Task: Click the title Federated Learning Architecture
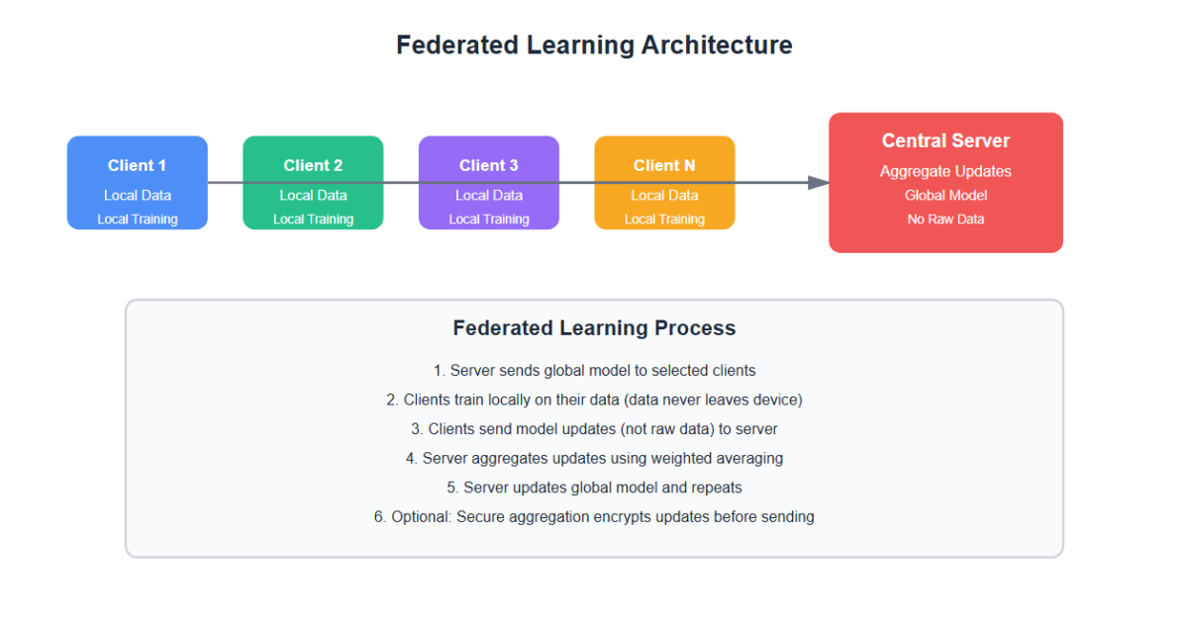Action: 594,45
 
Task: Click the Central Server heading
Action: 945,140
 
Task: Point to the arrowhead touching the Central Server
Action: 819,182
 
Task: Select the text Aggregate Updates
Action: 945,171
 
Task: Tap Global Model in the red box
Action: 945,196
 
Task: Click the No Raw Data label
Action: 945,219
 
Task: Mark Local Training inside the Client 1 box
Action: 138,220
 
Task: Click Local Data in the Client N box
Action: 664,196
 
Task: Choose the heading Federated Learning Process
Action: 594,328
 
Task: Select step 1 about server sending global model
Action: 594,371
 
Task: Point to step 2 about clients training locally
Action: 594,400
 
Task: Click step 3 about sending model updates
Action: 594,429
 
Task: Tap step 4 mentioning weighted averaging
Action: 594,458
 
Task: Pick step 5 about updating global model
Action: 594,488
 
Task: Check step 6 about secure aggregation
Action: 594,516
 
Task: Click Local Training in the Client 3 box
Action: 489,220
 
